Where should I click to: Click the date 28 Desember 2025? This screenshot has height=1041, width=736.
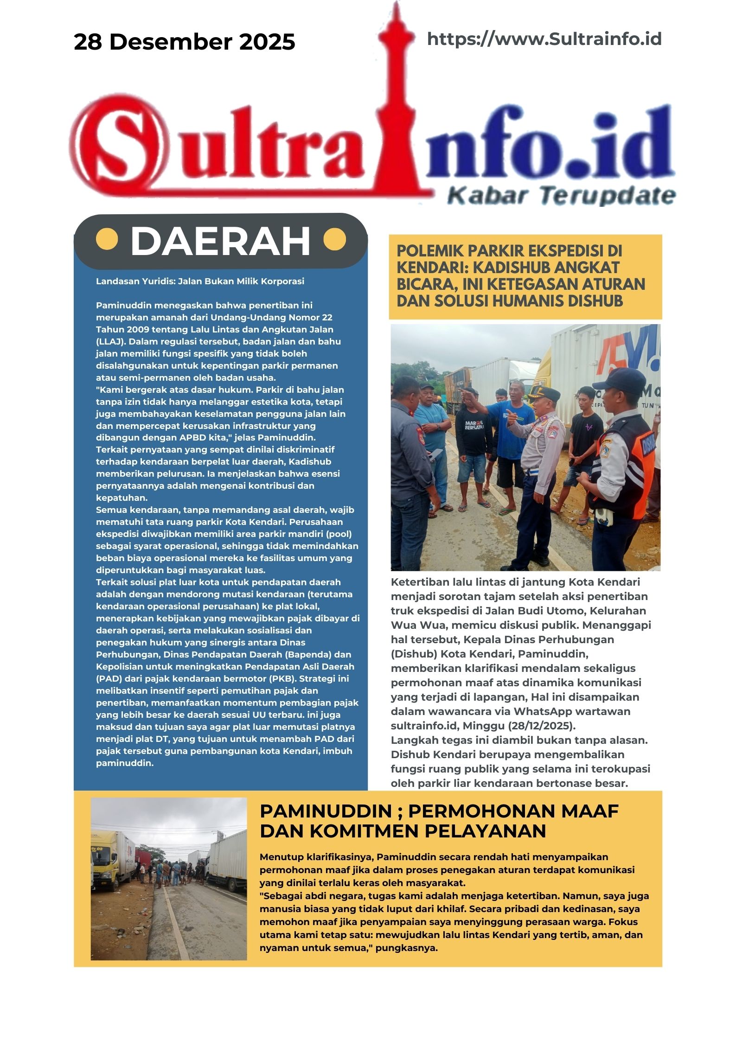point(184,42)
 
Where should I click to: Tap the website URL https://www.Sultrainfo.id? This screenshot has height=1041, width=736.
point(544,39)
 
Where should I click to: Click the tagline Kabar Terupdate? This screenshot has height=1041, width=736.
point(561,195)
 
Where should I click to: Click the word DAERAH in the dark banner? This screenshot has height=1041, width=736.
point(220,241)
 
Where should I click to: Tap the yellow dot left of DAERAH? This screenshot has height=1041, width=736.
point(107,240)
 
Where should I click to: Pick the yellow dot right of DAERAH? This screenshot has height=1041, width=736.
point(334,240)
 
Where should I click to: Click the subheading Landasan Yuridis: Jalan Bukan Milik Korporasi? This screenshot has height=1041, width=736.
point(200,281)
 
